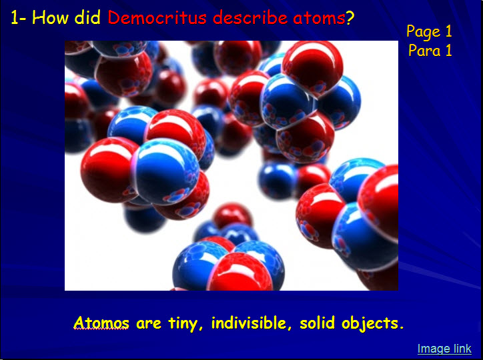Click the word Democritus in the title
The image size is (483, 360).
click(157, 17)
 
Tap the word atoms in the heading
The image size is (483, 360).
click(319, 18)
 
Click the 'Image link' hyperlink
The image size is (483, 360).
click(444, 349)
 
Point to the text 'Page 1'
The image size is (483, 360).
click(429, 32)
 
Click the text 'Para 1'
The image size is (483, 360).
click(430, 50)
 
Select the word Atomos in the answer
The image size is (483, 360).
click(101, 323)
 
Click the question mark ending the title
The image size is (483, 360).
click(350, 18)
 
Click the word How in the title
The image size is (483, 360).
click(50, 17)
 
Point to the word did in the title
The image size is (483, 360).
click(87, 17)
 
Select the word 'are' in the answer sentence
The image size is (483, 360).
click(149, 324)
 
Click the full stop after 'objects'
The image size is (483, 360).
click(401, 328)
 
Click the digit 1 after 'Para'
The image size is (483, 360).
click(448, 50)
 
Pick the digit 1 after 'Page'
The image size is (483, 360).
click(448, 31)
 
